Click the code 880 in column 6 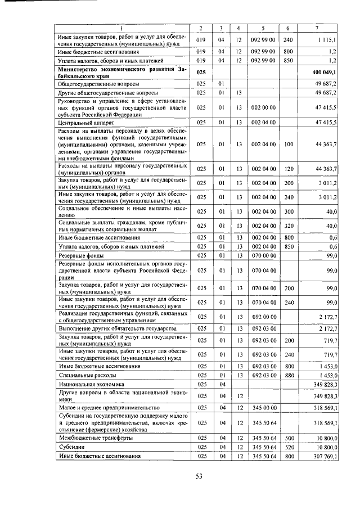click(289, 374)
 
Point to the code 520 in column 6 click(289, 447)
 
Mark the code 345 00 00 click(263, 407)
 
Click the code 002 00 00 click(263, 106)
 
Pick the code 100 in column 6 click(289, 144)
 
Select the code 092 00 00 click(263, 317)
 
